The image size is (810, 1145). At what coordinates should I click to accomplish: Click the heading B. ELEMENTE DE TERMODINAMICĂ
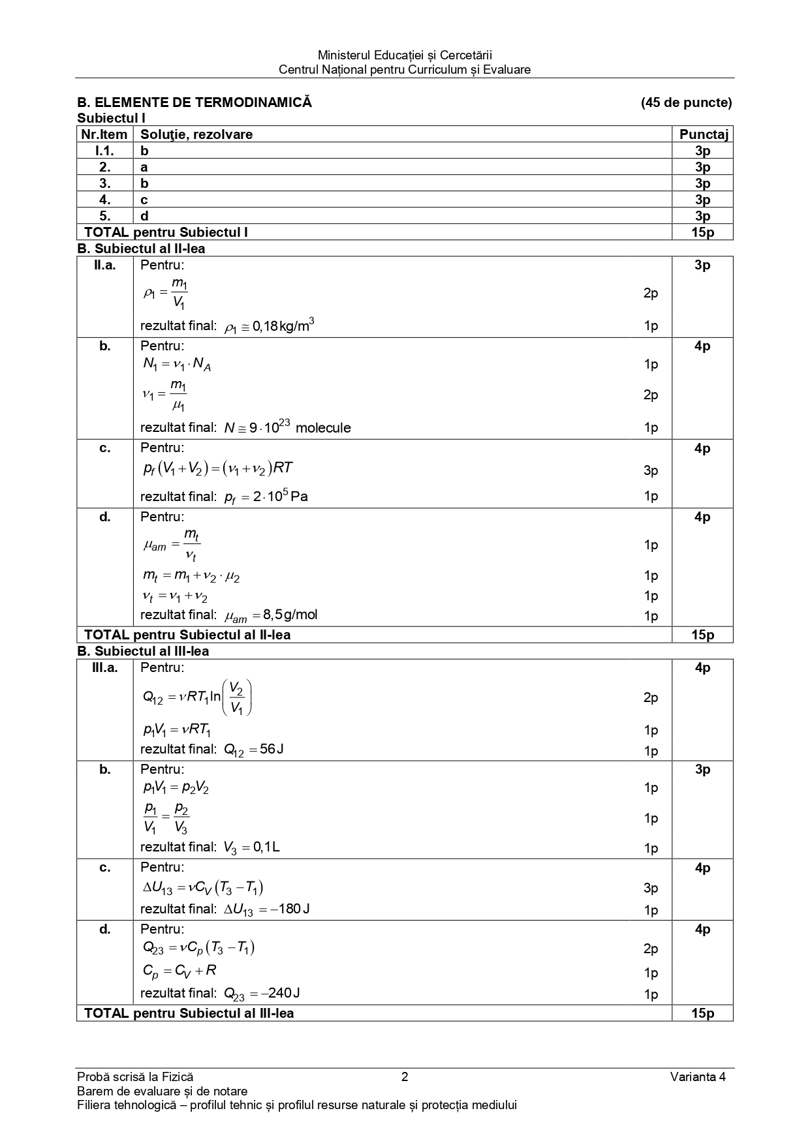[x=195, y=102]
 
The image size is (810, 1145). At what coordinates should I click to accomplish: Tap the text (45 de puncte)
[x=686, y=102]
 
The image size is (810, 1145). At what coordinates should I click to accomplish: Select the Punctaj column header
[x=703, y=134]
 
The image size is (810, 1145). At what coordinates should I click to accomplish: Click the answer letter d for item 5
[x=144, y=216]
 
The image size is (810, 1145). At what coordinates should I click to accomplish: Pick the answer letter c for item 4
[x=144, y=200]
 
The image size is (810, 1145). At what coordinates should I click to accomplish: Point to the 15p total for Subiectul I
[x=703, y=232]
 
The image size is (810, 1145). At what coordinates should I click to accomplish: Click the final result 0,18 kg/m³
[x=269, y=326]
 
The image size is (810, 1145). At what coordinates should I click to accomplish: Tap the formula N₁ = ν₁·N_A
[x=177, y=365]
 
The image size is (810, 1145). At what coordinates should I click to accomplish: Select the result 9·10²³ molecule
[x=287, y=428]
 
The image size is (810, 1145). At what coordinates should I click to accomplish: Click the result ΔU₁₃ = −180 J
[x=266, y=909]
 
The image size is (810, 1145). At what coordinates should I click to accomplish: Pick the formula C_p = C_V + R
[x=179, y=971]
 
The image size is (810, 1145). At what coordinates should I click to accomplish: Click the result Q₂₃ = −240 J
[x=262, y=994]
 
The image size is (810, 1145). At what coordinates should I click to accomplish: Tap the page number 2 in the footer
[x=405, y=1077]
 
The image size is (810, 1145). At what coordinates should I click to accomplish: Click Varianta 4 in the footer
[x=697, y=1077]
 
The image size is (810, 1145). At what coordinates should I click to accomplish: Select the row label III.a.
[x=105, y=667]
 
